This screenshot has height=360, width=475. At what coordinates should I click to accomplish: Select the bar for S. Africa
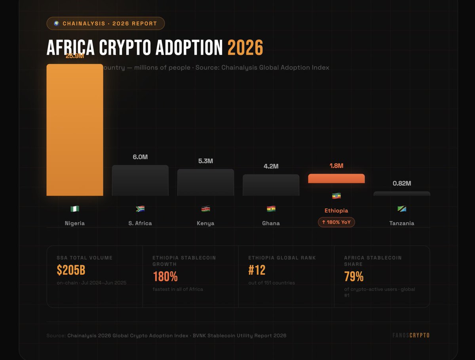140,181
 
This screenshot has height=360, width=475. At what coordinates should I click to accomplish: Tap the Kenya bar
205,183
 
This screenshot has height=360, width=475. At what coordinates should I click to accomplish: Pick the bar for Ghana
271,185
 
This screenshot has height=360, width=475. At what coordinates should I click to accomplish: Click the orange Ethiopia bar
336,179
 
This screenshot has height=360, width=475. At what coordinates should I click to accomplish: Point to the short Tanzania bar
402,194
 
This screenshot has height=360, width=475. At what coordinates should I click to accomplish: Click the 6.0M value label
140,157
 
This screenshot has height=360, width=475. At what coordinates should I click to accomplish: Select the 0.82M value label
402,183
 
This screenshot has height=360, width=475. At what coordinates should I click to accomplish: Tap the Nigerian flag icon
75,209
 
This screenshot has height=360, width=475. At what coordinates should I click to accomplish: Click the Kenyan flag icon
205,209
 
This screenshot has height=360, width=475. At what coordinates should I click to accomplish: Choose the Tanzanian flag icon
402,209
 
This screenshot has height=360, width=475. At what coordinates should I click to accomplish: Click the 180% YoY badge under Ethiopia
336,222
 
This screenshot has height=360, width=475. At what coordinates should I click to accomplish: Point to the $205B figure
71,270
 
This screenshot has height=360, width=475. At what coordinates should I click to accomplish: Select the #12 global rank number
257,270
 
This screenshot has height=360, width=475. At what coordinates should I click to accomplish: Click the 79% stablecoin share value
354,276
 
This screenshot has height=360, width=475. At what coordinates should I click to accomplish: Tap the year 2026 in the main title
245,48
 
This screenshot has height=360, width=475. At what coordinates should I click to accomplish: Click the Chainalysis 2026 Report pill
106,23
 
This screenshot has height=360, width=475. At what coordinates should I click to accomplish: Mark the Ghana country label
271,223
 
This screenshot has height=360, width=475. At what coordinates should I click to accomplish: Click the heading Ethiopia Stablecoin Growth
184,261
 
